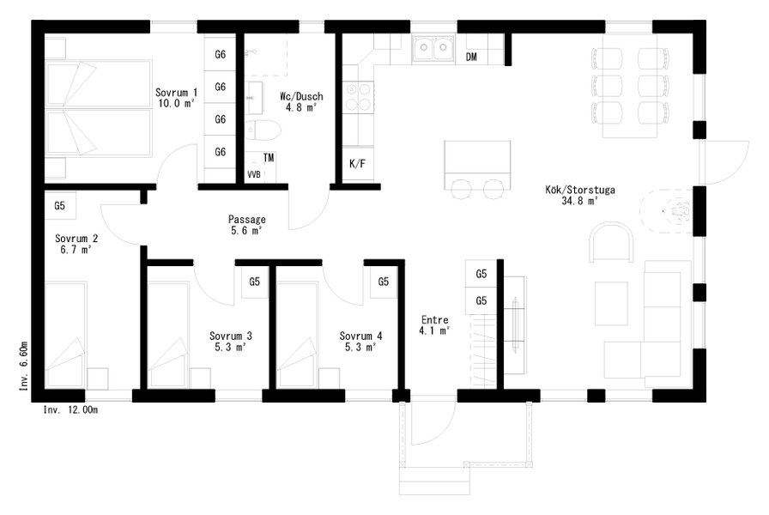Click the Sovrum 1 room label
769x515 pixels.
176,98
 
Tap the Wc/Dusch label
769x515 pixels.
301,101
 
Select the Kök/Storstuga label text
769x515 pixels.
579,195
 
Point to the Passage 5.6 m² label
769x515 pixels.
246,225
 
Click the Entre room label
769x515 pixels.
434,325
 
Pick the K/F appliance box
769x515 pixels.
358,164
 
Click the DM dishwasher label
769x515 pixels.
471,57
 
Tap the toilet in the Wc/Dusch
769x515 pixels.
263,130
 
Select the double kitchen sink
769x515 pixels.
433,49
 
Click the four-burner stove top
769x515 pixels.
359,97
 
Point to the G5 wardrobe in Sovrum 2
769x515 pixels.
59,205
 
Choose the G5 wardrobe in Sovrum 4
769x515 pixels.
383,282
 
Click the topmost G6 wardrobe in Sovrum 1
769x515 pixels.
221,54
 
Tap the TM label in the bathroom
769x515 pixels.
269,158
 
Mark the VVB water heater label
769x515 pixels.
253,174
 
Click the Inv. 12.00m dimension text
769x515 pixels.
70,410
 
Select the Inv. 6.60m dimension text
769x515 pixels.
23,366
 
